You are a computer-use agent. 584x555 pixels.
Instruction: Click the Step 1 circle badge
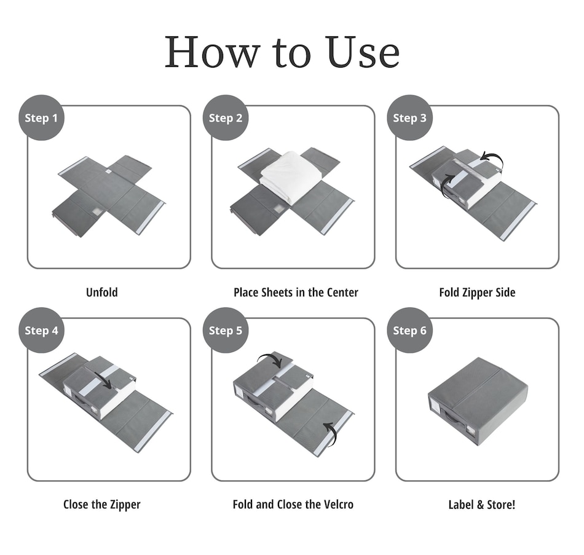coord(41,118)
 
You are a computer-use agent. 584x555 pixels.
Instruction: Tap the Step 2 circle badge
coord(226,118)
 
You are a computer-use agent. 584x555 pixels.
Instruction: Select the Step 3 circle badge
coord(409,118)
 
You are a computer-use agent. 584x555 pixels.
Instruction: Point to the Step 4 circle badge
coord(41,331)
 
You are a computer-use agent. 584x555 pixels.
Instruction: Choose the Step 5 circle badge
coord(226,331)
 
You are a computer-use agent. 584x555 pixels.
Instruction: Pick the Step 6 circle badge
coord(409,331)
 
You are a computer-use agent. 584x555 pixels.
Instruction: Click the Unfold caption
coord(101,293)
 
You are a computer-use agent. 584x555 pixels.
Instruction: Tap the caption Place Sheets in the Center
coord(296,293)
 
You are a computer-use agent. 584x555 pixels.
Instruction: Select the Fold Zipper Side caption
coord(477,293)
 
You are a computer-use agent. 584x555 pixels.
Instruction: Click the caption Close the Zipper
coord(101,505)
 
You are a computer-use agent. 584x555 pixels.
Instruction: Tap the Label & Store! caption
coord(481,505)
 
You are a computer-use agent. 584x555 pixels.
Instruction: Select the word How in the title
coord(212,52)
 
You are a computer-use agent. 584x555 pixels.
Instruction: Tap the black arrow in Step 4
coord(104,380)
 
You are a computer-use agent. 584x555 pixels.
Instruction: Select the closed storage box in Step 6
coord(478,402)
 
